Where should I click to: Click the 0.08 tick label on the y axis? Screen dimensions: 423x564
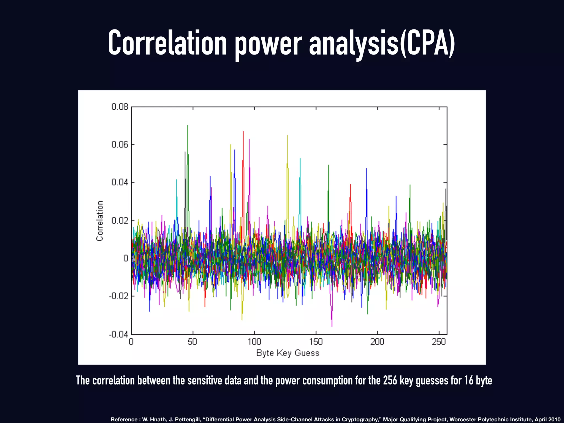[x=120, y=107]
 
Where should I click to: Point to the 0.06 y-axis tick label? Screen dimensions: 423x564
[x=120, y=145]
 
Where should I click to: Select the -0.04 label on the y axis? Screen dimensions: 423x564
[x=119, y=334]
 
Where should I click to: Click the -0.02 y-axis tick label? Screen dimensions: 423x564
[x=119, y=296]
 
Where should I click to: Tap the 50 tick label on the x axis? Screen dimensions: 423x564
[x=192, y=342]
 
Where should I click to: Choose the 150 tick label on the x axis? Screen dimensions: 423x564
[x=316, y=342]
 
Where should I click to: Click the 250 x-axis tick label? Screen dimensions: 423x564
[x=438, y=342]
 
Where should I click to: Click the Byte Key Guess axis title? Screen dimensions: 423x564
[x=288, y=353]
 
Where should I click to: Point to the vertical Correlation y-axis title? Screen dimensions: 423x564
[x=100, y=221]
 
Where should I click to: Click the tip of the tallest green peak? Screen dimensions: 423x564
[x=188, y=126]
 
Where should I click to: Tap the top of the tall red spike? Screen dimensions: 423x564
[x=243, y=132]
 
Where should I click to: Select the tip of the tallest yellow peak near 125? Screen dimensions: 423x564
[x=288, y=136]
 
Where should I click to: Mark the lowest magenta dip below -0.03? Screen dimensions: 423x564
[x=332, y=326]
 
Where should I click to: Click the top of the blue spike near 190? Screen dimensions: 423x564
[x=366, y=169]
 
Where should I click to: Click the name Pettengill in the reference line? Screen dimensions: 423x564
[x=187, y=419]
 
